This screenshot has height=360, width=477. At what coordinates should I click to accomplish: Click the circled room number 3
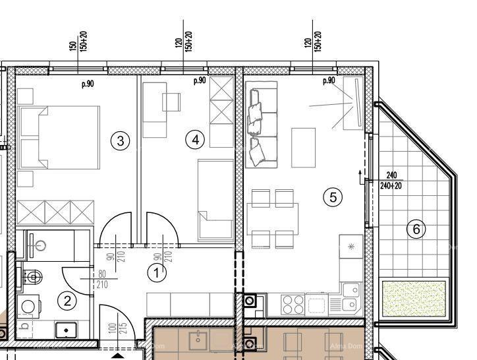point(120,140)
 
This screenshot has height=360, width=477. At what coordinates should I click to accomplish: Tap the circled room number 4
point(194,140)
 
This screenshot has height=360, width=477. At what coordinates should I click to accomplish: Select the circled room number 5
point(333,196)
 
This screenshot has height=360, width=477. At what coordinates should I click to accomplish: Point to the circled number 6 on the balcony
point(416,229)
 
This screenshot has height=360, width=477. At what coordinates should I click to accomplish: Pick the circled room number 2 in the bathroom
point(67,301)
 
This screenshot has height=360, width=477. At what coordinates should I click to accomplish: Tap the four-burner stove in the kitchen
point(293,305)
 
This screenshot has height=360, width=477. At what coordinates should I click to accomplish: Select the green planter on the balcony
point(414,297)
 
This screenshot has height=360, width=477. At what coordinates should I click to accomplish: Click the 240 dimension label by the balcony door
point(392,175)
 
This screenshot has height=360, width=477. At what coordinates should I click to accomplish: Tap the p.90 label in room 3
point(88,84)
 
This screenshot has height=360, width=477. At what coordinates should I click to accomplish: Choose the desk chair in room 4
point(172,102)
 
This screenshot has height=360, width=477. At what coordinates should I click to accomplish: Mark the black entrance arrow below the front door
point(116,357)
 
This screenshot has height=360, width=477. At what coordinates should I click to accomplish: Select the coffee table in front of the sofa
point(303,147)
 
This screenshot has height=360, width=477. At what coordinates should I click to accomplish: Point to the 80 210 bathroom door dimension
point(102,280)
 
